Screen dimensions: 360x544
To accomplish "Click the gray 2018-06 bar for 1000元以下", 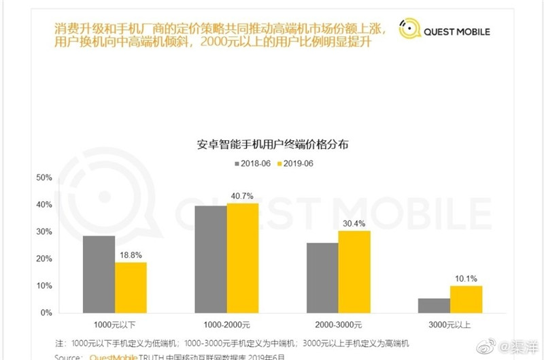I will (99, 274).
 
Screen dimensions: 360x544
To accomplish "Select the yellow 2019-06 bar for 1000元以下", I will (131, 287).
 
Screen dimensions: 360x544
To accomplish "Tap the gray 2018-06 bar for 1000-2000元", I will (211, 259).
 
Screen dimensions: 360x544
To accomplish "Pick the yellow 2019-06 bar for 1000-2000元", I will (243, 258).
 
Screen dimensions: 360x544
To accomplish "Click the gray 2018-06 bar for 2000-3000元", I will (322, 278).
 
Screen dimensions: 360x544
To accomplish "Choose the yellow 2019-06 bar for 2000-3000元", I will (354, 272).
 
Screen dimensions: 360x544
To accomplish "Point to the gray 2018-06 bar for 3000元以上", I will (434, 306).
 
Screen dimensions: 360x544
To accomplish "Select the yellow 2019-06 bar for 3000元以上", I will (466, 299).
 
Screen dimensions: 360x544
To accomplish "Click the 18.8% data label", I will (131, 255).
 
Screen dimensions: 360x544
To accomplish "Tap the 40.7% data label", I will (243, 195).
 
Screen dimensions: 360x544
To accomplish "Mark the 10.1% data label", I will (466, 278).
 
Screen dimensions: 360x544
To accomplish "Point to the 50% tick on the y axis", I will (44, 177).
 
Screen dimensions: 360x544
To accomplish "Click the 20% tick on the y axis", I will (44, 259).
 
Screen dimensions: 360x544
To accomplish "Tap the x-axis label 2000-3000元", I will (338, 326).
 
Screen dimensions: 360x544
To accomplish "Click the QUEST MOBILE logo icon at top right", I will (408, 29).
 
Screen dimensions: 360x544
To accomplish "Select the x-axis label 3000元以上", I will (449, 326).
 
